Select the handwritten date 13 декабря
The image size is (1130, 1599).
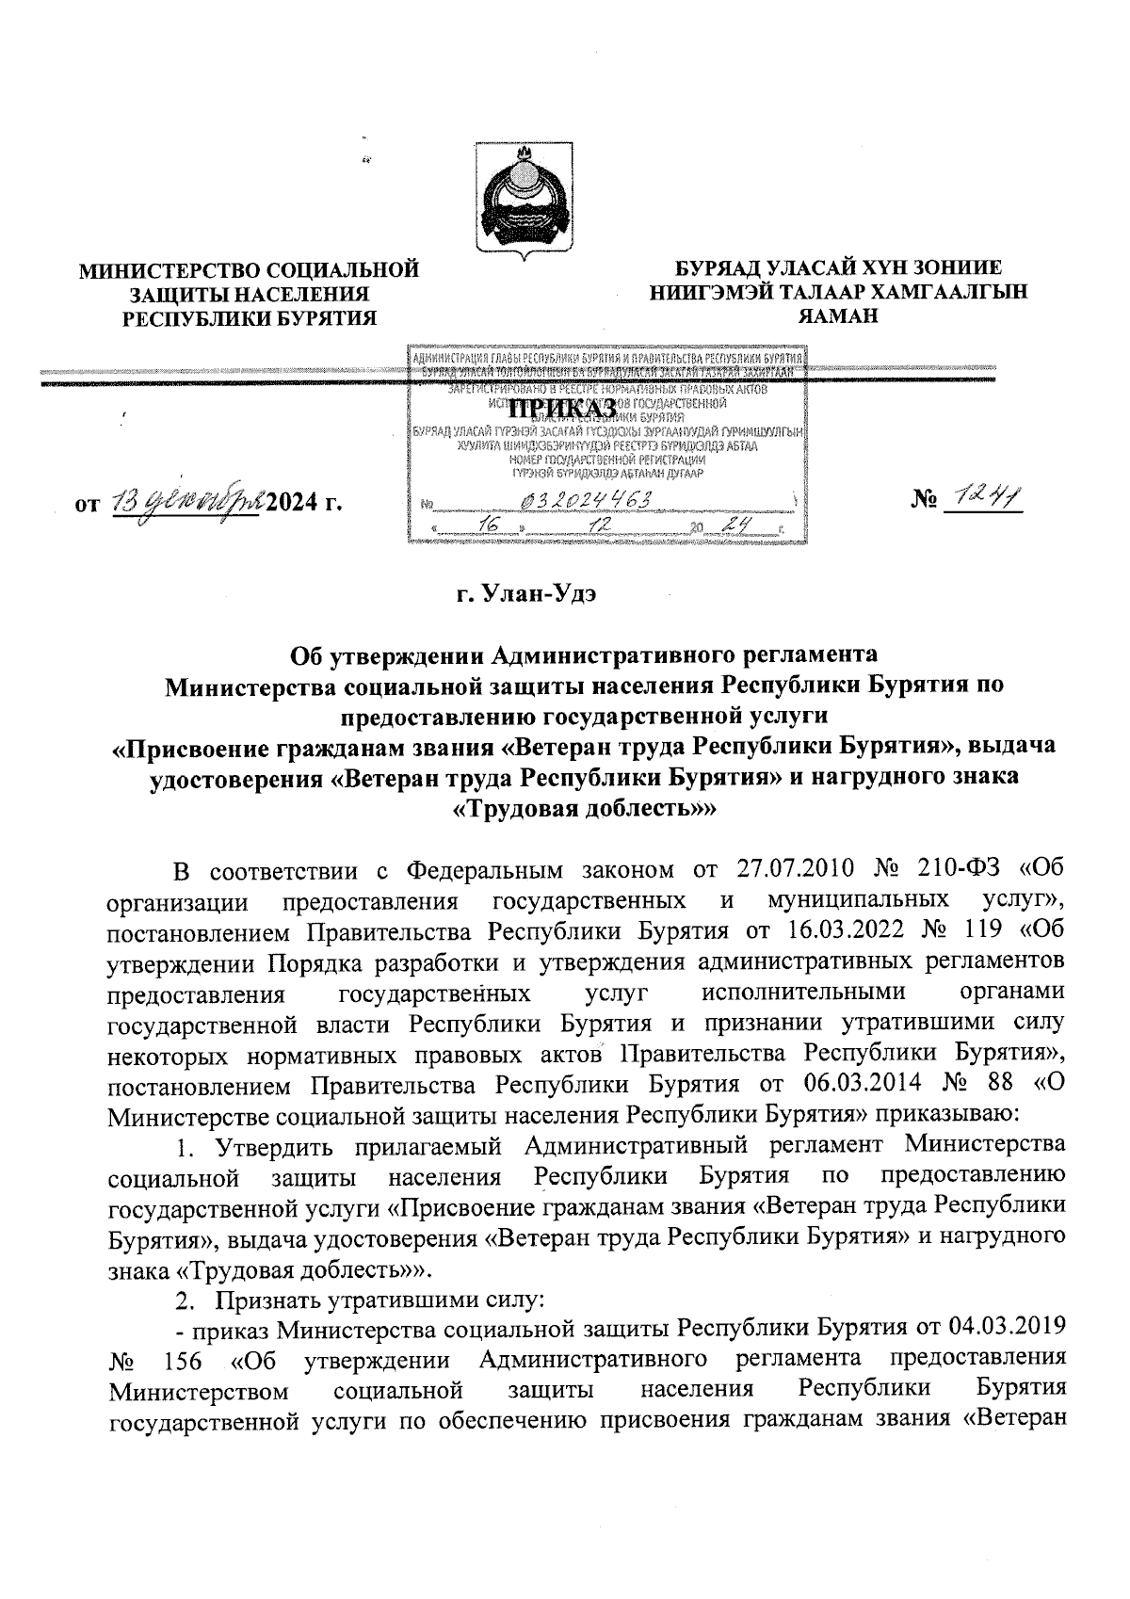point(188,503)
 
